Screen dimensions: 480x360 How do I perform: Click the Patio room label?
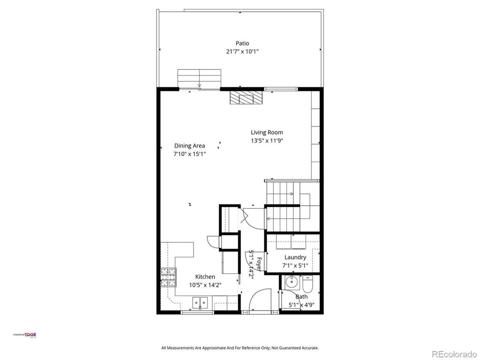242,43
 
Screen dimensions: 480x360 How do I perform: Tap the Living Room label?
267,132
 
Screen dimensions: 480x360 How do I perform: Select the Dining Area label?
189,146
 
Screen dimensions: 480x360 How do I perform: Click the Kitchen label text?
205,277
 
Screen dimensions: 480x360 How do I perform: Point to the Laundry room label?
295,257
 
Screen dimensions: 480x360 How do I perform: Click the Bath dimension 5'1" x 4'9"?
302,305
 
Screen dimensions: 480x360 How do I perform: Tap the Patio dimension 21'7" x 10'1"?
242,52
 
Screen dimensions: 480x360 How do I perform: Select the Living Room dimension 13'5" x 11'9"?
267,141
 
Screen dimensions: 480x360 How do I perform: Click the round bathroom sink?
292,282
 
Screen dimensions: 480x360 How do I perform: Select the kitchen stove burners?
169,277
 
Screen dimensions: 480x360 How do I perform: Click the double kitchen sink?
200,303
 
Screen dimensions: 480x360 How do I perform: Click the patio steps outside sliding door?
199,79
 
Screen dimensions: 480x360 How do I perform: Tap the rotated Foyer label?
259,264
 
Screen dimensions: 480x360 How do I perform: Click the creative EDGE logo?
24,335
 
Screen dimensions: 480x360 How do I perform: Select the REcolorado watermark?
454,354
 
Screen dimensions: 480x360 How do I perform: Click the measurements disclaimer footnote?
240,348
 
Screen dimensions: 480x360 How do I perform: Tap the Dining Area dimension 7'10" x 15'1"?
189,154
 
